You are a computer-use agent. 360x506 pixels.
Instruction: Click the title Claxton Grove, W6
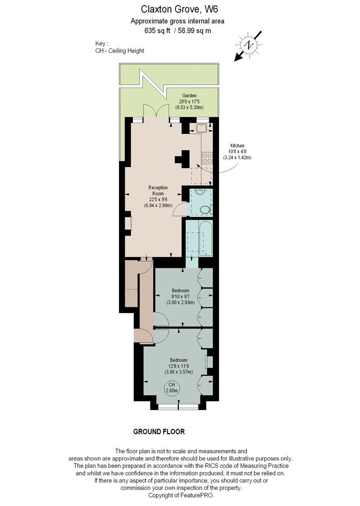tap(177, 8)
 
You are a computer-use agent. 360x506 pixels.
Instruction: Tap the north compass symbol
tap(248, 45)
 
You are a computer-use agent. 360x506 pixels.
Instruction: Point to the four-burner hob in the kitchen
tap(206, 158)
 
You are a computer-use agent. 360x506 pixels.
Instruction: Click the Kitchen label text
tap(237, 146)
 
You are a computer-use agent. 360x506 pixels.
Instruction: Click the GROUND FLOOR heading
tap(159, 432)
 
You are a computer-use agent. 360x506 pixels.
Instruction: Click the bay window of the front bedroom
tap(178, 406)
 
